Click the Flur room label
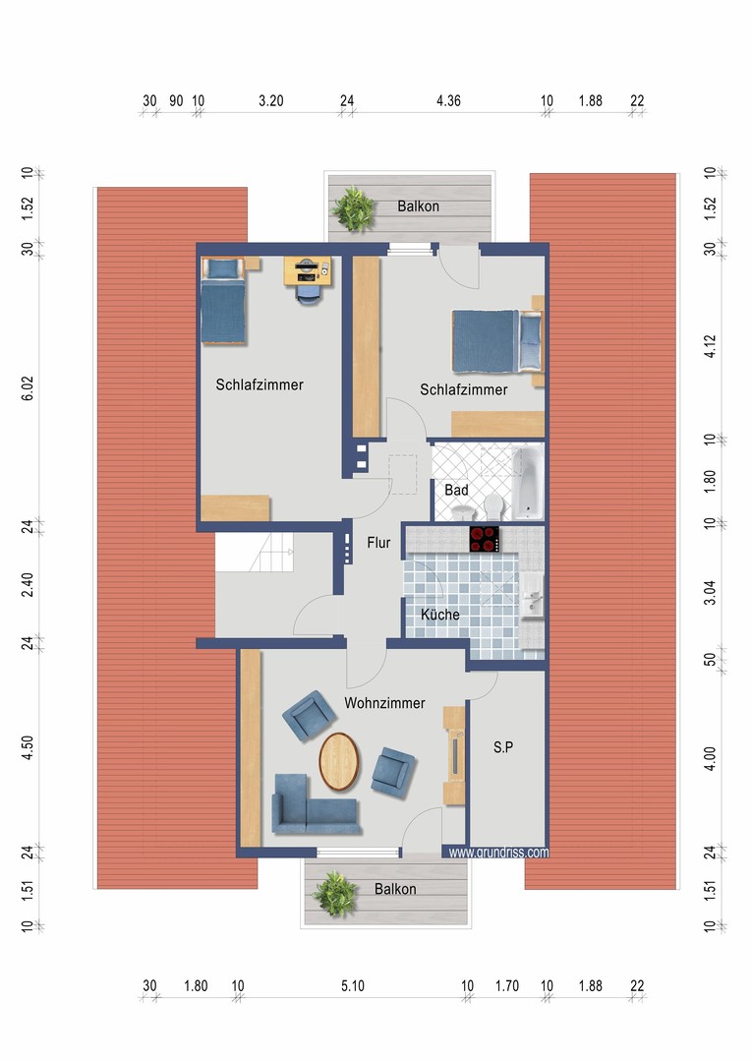[378, 543]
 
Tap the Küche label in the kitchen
[440, 615]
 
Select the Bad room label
[456, 490]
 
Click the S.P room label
[503, 747]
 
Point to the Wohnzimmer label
[384, 703]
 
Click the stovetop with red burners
[485, 539]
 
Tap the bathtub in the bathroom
[528, 482]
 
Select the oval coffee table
[338, 761]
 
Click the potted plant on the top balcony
[353, 207]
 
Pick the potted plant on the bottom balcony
[334, 894]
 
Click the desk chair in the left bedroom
[308, 294]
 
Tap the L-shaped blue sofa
[314, 804]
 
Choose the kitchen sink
[532, 595]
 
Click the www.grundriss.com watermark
[498, 852]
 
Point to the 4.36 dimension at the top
[448, 101]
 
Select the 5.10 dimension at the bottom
[353, 986]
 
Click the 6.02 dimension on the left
[28, 388]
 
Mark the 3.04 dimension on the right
[710, 593]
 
